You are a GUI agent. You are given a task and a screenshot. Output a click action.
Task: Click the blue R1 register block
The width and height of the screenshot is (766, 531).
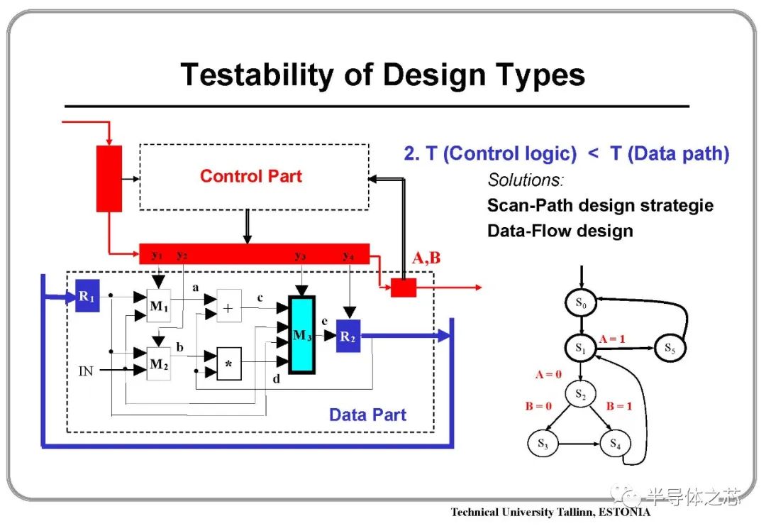pos(87,296)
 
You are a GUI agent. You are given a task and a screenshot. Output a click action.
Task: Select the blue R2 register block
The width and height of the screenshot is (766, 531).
pos(348,336)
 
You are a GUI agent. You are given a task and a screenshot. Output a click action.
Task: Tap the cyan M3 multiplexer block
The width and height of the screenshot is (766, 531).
pos(302,335)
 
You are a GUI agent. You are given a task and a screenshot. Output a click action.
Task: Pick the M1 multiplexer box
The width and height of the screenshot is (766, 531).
pos(159,305)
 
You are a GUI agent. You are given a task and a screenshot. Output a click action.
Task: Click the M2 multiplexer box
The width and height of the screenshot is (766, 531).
pos(159,363)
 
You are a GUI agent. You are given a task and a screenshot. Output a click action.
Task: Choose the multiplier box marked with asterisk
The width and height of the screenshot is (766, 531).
pos(228,363)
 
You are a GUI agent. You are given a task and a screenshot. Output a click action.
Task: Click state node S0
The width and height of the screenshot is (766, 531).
pos(581,303)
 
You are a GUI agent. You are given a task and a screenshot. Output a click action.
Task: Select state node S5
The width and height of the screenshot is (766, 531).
pos(670,348)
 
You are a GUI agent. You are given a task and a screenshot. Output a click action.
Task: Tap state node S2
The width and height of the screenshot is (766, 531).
pos(580,393)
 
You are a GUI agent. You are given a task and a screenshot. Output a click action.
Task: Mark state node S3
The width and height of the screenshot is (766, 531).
pos(543,444)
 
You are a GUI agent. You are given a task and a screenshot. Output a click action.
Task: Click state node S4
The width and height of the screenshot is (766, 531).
pos(615,444)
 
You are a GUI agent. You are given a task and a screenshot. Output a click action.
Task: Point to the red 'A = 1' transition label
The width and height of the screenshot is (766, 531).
pos(612,339)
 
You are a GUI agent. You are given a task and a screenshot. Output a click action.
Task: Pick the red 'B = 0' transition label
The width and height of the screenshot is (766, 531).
pos(538,406)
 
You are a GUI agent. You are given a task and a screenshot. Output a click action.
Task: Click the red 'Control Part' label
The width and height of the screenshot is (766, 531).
pos(251,176)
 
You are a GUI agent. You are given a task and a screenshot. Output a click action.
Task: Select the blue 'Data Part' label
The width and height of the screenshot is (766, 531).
pos(367,415)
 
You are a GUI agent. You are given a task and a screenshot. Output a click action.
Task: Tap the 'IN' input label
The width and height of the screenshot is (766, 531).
pos(86,371)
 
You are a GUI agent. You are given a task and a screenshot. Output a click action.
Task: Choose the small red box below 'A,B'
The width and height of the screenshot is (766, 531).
pos(404,288)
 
